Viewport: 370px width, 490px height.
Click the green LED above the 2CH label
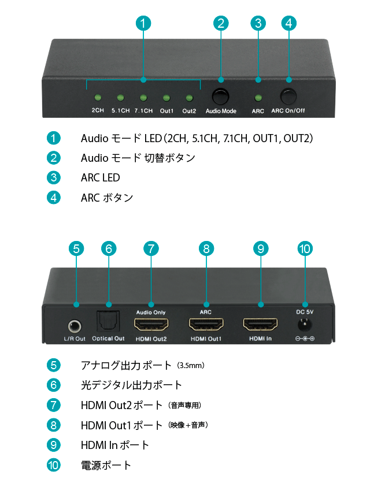click(98, 98)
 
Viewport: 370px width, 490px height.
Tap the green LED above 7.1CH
click(143, 98)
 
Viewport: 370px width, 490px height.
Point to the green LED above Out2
click(189, 98)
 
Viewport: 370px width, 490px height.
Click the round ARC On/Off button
click(288, 96)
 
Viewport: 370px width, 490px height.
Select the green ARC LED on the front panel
click(258, 98)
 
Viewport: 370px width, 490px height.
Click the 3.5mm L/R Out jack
click(75, 327)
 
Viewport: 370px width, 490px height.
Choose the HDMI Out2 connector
click(151, 324)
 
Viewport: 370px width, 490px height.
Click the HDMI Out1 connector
click(206, 324)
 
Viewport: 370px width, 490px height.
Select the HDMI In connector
click(260, 324)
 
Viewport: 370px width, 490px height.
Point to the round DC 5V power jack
click(305, 324)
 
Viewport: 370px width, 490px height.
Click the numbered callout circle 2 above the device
click(221, 24)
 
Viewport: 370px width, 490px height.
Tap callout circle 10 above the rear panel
click(305, 248)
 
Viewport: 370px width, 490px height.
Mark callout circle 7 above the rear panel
click(151, 248)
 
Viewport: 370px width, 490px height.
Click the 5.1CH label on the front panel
click(120, 110)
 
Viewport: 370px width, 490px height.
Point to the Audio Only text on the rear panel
click(151, 312)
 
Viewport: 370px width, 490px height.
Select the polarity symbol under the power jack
click(305, 339)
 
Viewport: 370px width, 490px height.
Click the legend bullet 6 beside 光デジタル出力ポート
click(54, 385)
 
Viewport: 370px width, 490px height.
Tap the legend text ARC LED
click(101, 177)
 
